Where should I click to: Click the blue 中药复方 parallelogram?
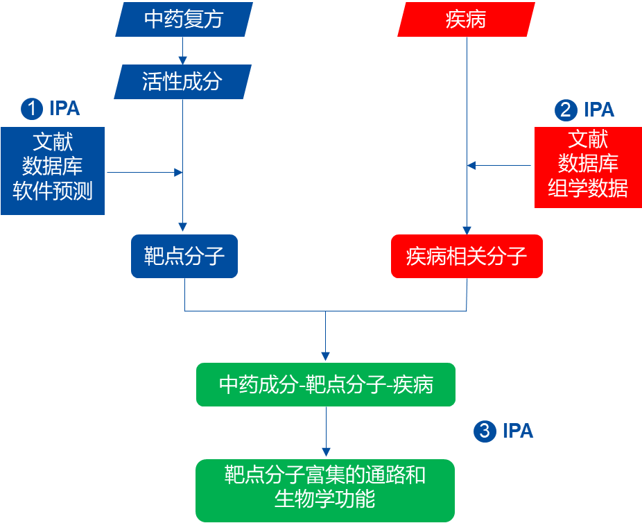tap(184, 19)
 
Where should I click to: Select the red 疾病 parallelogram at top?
tap(466, 19)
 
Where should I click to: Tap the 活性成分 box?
tap(182, 82)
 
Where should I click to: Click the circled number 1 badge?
tap(32, 108)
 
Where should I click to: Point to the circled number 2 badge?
tap(566, 110)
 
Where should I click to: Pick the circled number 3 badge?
tap(485, 431)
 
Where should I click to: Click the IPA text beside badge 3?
tap(518, 431)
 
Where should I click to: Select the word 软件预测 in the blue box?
tap(53, 191)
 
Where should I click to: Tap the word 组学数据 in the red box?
tap(588, 188)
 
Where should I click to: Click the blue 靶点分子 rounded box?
tap(184, 257)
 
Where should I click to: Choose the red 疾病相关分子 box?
tap(467, 257)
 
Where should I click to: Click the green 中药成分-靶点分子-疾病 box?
tap(326, 385)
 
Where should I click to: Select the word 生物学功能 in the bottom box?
tap(325, 499)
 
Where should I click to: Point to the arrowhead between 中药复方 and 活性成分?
tap(182, 61)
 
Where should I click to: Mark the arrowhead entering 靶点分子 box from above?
tap(182, 228)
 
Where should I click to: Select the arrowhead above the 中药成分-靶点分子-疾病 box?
tap(326, 357)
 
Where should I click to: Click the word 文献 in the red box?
tap(588, 139)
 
